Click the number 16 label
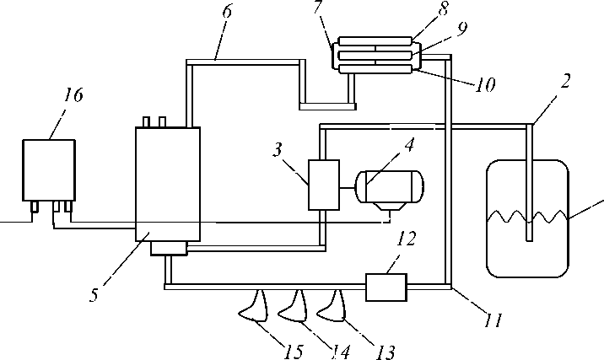click(73, 96)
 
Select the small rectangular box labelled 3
click(324, 184)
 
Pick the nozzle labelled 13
click(332, 309)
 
